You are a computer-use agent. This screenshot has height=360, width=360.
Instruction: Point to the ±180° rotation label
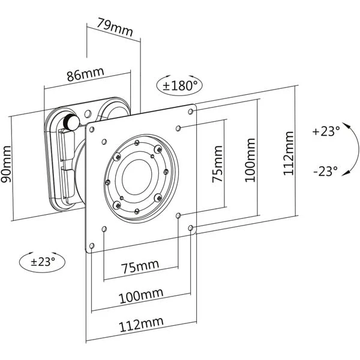click(180, 86)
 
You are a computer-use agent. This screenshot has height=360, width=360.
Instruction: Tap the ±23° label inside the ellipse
click(42, 261)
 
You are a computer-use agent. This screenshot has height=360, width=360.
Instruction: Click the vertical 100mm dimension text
click(250, 159)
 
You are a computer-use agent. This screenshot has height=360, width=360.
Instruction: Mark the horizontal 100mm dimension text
click(140, 296)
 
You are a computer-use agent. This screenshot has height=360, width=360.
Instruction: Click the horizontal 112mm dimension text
click(141, 324)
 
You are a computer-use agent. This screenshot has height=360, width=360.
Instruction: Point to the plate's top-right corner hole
click(192, 110)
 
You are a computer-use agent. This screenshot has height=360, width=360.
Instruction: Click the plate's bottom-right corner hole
click(191, 228)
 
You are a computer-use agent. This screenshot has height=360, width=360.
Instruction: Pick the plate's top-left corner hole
click(92, 127)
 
